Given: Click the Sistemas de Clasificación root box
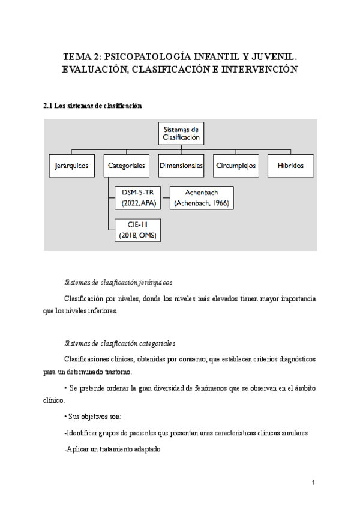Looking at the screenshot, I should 181,133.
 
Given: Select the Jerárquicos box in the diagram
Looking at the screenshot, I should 71,166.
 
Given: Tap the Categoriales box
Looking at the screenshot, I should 126,166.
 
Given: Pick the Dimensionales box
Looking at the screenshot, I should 181,166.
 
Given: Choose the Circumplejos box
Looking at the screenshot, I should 236,166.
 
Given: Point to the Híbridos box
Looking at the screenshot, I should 290,166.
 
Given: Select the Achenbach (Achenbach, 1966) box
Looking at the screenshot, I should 202,198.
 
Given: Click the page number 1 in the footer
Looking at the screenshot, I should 313,483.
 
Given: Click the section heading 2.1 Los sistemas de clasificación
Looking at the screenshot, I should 92,106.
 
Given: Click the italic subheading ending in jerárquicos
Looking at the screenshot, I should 118,282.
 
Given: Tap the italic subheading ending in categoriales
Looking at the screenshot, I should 119,344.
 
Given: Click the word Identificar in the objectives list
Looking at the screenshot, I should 85,432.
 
